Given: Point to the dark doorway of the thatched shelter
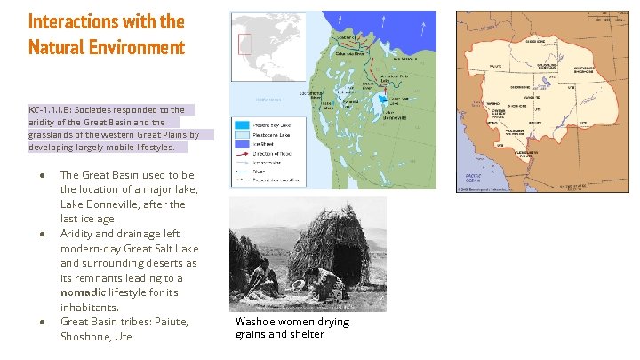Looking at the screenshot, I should click(x=327, y=279).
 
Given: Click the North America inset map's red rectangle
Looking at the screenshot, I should click(x=244, y=44).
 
